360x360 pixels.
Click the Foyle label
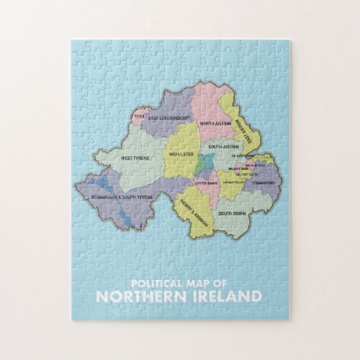point(139,116)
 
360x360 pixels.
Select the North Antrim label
point(215,124)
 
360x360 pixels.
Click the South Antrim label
point(221,147)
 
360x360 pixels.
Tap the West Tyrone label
point(135,158)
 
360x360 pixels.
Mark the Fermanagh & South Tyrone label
point(122,198)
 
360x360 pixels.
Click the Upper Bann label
point(206,183)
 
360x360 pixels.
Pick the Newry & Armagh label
point(191,213)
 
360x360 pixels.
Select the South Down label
point(232,213)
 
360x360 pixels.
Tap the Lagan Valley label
point(233,183)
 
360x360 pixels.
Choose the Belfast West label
point(238,168)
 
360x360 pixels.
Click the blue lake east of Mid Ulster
point(206,164)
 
